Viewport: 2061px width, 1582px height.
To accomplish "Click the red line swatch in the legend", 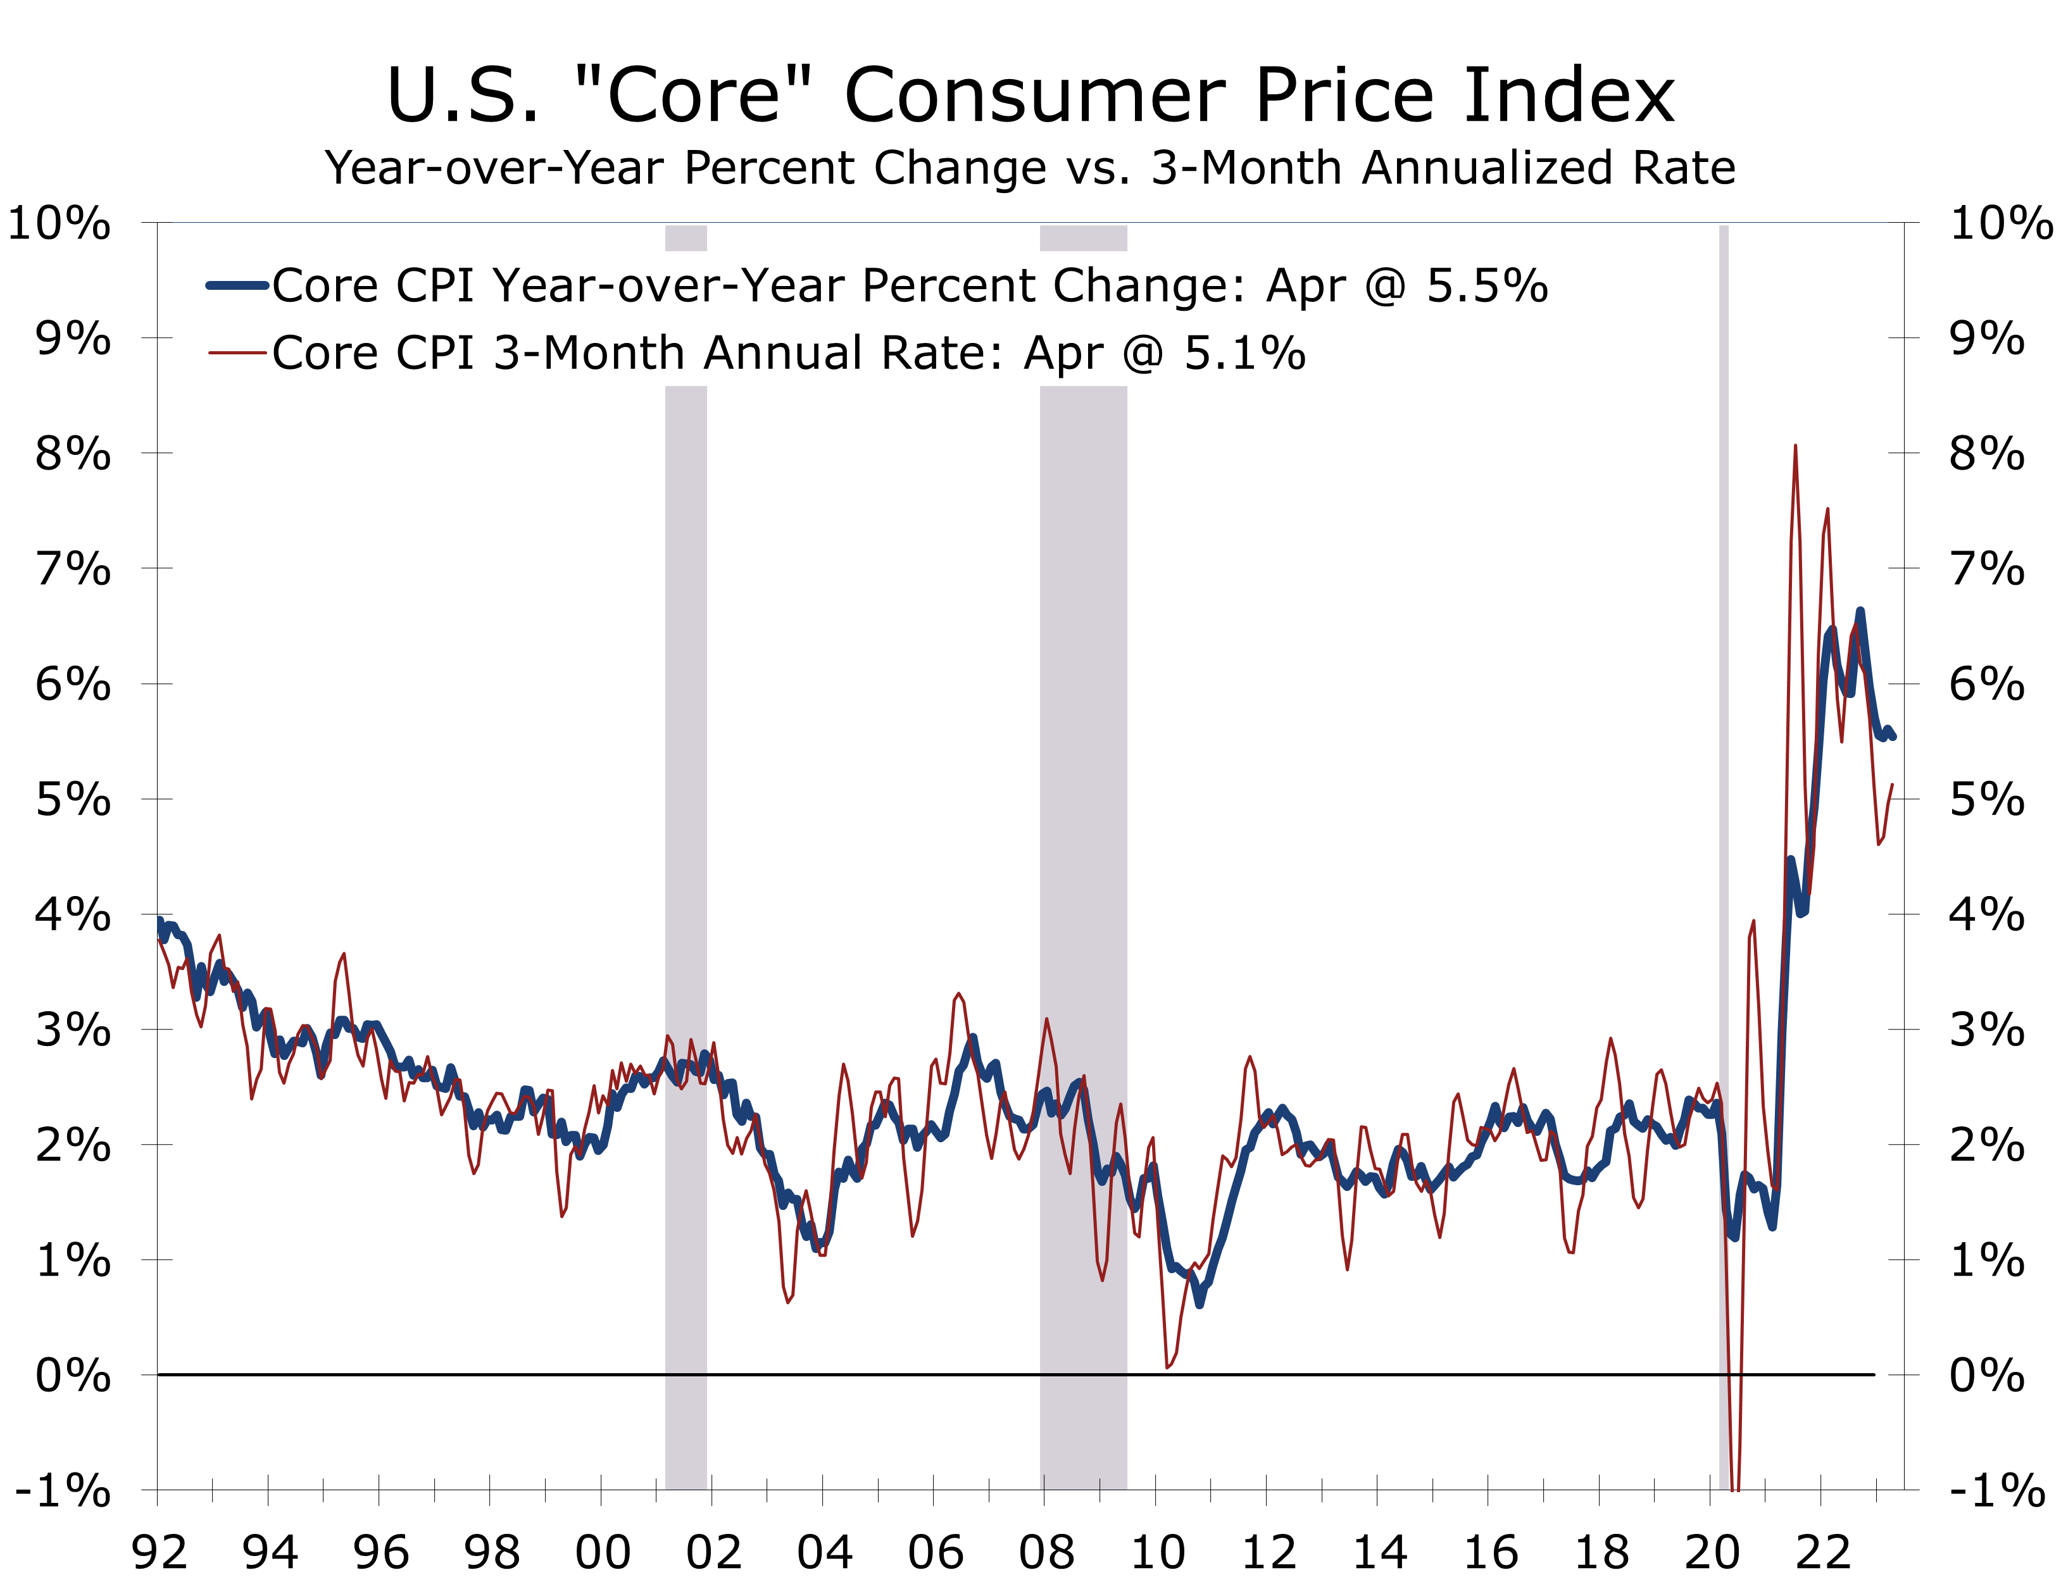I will pos(237,353).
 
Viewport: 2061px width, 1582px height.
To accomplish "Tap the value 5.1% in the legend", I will pos(1244,353).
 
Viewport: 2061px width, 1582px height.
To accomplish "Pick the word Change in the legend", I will pos(1152,285).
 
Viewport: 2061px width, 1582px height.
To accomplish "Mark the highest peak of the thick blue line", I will pos(1860,612).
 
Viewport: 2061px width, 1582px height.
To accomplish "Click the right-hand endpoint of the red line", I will pos(1893,785).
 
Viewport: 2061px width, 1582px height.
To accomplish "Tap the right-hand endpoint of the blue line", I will pos(1893,737).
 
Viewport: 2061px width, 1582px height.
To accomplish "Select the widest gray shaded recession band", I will pos(1083,847).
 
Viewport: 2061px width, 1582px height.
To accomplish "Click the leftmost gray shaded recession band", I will pos(686,847).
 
